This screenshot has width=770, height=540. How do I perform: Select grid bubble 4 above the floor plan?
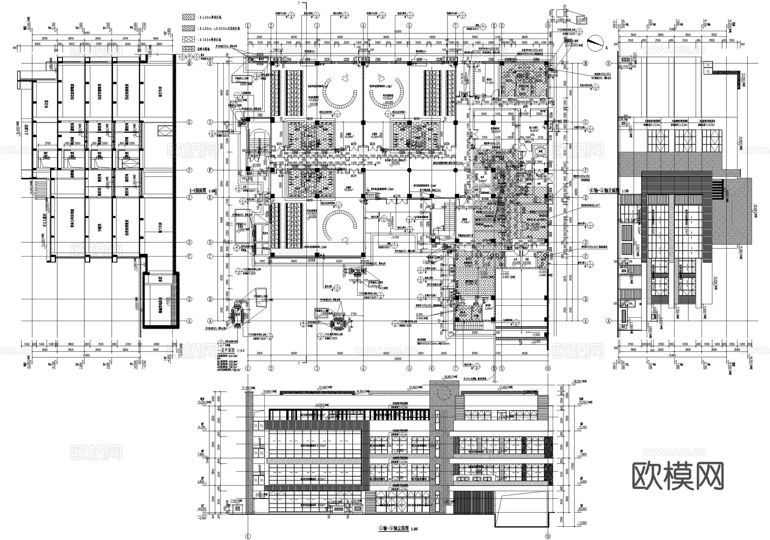point(363,25)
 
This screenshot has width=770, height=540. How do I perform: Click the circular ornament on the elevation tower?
point(444,392)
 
